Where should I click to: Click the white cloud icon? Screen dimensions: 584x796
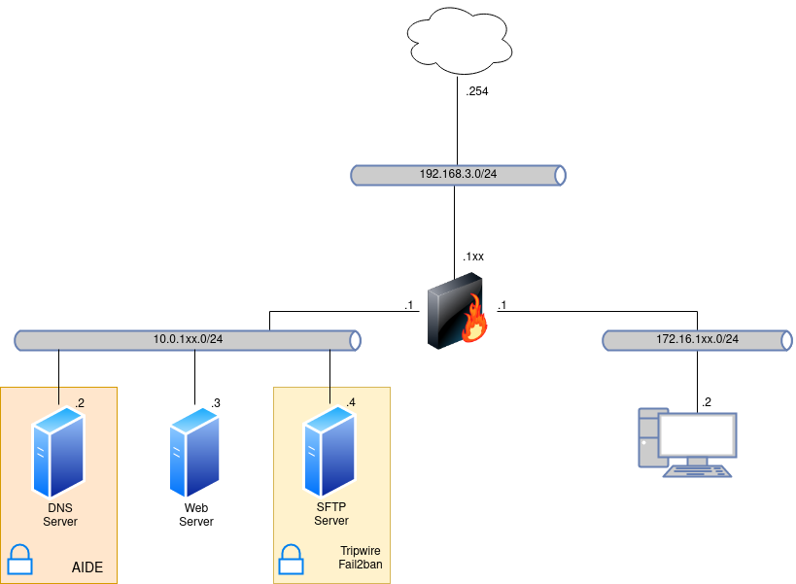click(459, 41)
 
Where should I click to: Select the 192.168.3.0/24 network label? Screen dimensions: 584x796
click(458, 174)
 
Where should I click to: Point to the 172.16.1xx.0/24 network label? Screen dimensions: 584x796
click(697, 339)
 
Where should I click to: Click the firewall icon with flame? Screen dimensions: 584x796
click(456, 311)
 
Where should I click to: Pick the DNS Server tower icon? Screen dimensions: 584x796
click(58, 453)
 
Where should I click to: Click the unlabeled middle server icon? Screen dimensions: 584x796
click(194, 453)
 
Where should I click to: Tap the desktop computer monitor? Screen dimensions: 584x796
click(696, 434)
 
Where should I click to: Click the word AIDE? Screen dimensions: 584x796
click(87, 567)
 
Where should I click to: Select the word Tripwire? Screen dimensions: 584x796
click(360, 551)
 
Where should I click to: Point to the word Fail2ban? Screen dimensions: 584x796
click(360, 565)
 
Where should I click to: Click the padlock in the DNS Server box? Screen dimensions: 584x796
click(19, 560)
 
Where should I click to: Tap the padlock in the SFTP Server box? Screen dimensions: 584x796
click(291, 560)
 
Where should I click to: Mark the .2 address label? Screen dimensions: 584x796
click(80, 402)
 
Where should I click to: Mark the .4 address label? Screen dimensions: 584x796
click(351, 402)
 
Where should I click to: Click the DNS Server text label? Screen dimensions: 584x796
click(60, 515)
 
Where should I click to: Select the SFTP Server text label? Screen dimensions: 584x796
click(331, 515)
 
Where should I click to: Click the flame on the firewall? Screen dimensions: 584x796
click(474, 321)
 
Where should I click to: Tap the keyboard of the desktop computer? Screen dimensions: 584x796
click(698, 470)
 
